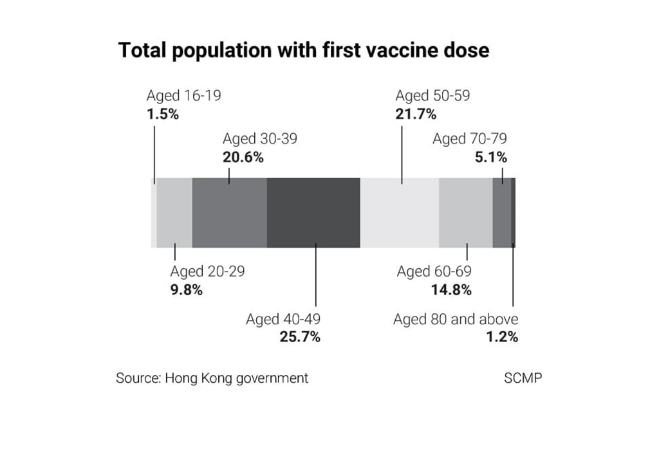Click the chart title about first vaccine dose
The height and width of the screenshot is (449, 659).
303,50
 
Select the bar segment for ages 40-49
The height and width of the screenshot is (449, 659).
313,212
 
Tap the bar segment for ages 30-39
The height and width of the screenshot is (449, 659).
229,212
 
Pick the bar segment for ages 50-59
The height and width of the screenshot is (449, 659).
399,212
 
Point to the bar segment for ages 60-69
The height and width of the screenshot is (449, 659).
465,212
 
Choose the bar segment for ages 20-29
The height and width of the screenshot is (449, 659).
174,212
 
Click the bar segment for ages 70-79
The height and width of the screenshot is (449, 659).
501,212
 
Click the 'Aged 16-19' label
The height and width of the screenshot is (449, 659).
183,96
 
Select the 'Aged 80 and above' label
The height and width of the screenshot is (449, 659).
456,319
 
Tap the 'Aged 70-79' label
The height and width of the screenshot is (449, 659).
470,139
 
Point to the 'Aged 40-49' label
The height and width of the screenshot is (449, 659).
283,319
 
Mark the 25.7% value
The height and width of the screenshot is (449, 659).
300,336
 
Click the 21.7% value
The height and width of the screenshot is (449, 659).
416,114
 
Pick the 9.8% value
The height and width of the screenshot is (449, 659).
187,289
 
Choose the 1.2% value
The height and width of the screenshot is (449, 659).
502,336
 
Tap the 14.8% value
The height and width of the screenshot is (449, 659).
450,289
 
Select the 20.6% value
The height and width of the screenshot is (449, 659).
243,156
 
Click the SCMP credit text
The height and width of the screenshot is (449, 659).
523,378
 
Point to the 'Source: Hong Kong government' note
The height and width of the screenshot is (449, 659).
212,378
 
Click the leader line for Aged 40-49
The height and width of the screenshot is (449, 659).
316,277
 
